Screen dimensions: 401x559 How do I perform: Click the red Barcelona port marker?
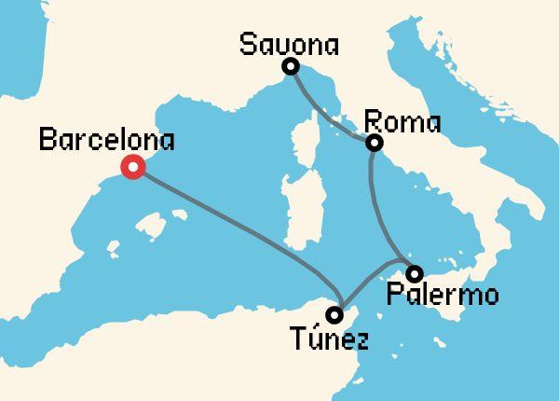coord(133,168)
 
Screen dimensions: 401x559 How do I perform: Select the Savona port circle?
coord(291,66)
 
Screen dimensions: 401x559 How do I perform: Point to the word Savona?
coord(289,43)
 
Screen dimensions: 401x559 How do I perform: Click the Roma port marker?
coord(375,143)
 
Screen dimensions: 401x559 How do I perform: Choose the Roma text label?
coord(402,122)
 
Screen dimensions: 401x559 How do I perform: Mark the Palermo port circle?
coord(415,272)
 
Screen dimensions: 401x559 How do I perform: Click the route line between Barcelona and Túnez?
coord(233,220)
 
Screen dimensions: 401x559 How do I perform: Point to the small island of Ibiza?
coord(115,249)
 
